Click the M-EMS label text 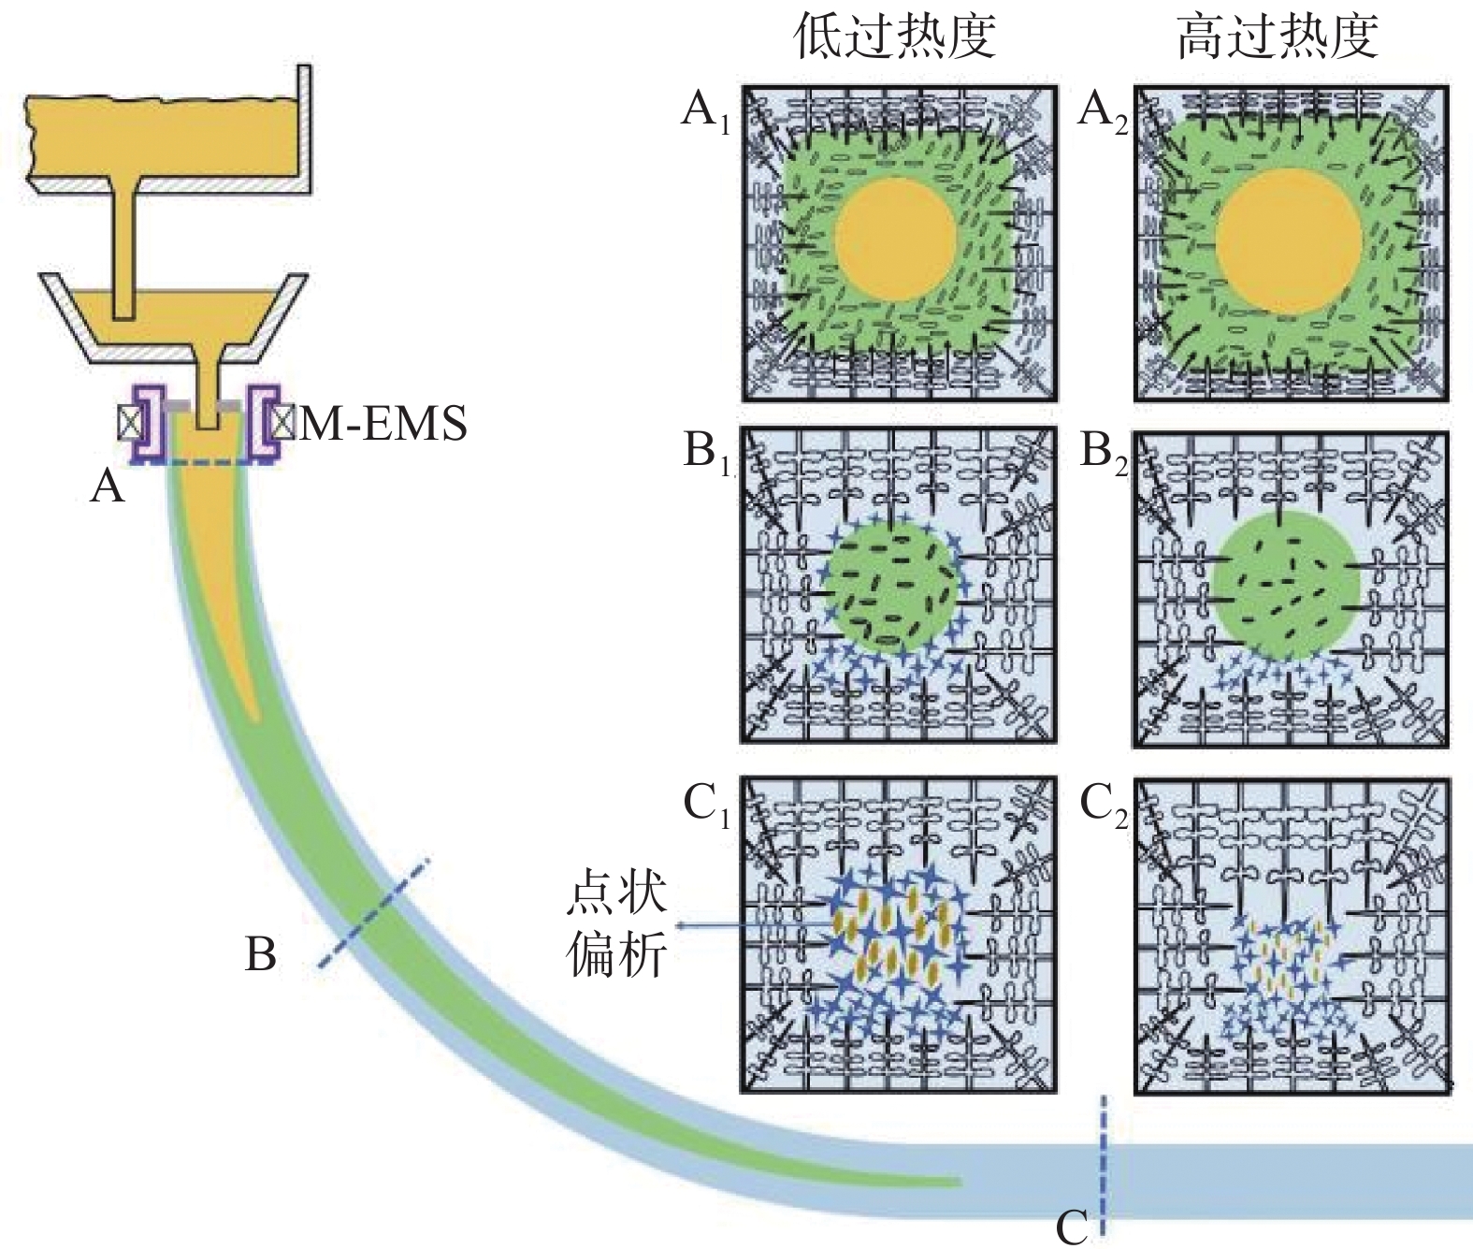point(383,424)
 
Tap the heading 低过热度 point(895,37)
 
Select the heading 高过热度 point(1278,37)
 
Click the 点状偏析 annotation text point(616,925)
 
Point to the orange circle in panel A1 point(895,240)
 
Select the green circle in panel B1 point(891,588)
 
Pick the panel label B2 point(1104,453)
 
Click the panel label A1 point(707,112)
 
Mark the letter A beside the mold point(108,487)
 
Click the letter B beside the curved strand point(261,955)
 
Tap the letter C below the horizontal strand point(1072,1227)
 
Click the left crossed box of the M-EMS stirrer point(129,423)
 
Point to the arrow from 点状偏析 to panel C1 point(748,925)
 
